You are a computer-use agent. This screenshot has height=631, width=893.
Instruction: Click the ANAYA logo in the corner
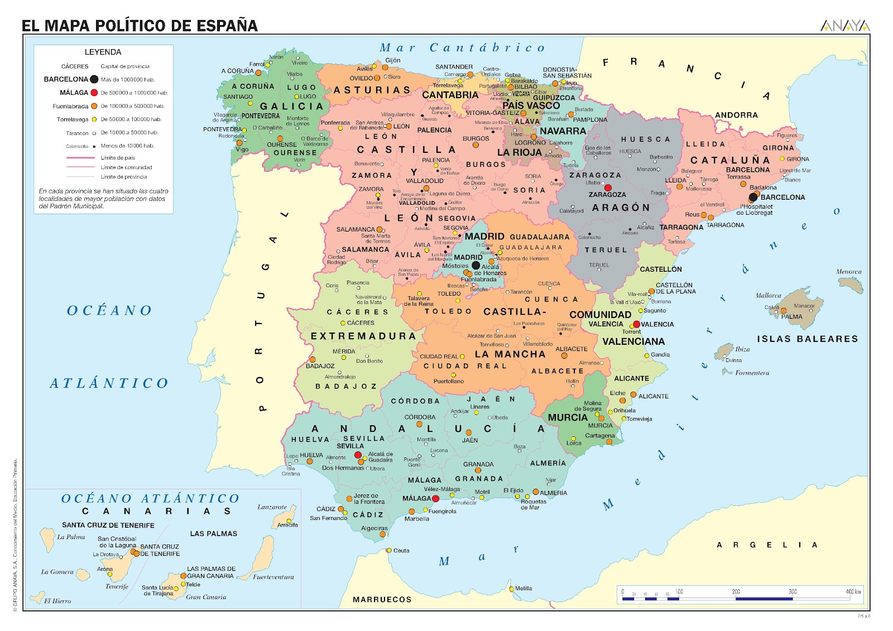(x=845, y=25)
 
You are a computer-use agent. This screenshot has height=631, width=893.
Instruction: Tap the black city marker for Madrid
(x=476, y=266)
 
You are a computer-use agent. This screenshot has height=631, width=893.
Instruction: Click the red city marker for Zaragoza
(x=608, y=188)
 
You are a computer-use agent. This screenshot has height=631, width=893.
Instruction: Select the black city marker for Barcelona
(x=753, y=197)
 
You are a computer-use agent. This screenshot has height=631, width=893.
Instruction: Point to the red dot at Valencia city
(x=636, y=324)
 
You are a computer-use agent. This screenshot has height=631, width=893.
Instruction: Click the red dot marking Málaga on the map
(x=435, y=498)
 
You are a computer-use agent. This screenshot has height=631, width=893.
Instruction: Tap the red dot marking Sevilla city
(x=358, y=455)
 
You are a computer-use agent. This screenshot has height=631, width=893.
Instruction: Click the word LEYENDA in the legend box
(x=103, y=52)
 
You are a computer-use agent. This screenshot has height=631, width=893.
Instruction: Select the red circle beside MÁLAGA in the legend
(x=94, y=93)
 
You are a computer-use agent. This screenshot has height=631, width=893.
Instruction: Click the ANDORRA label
(x=736, y=115)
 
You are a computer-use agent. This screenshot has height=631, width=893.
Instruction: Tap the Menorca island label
(x=848, y=272)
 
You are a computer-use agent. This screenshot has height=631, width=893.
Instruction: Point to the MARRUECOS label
(x=382, y=599)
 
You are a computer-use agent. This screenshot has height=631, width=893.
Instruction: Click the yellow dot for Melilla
(x=511, y=589)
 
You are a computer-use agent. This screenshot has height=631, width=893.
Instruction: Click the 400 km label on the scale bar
(x=853, y=591)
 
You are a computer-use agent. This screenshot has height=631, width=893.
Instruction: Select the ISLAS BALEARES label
(x=807, y=339)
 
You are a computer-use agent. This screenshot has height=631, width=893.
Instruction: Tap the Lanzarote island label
(x=272, y=507)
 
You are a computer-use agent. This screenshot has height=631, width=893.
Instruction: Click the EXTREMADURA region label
(x=363, y=336)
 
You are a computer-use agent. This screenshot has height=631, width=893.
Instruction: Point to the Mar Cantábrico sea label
(x=462, y=48)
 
